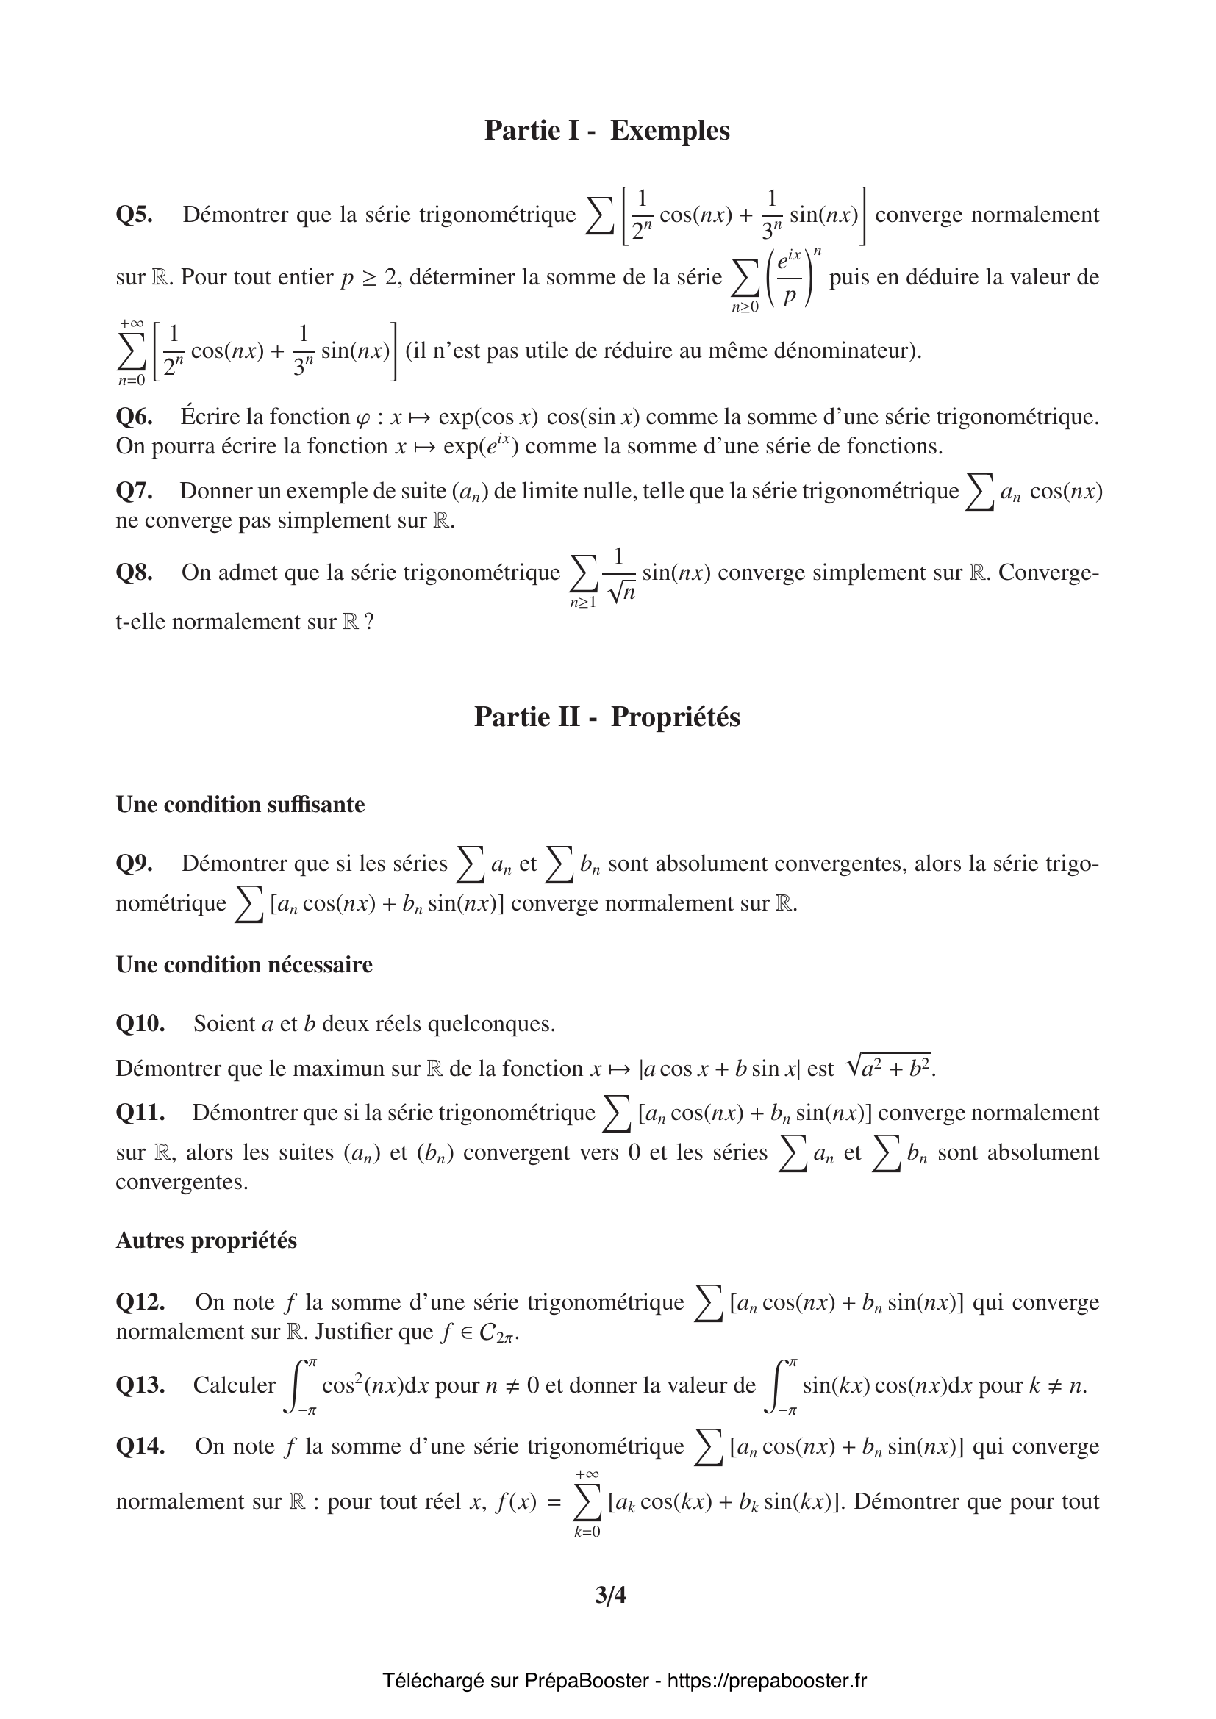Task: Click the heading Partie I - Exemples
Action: point(607,130)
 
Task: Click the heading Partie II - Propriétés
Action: point(607,717)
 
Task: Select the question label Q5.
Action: point(134,215)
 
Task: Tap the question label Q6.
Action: point(134,416)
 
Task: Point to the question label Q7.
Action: point(134,491)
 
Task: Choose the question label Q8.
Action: point(134,573)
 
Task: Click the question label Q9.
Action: point(134,864)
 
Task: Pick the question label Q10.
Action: point(140,1024)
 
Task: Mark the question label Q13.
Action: point(140,1385)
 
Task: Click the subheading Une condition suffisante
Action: point(240,804)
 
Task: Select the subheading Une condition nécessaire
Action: point(243,964)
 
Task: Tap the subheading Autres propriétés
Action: point(206,1241)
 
